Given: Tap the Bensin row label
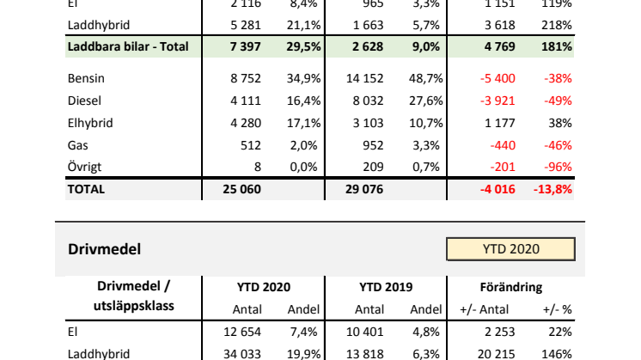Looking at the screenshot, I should pos(87,78).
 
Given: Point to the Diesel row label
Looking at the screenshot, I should pos(85,101).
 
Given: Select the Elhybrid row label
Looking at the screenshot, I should pos(90,123).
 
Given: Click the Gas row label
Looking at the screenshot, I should pos(78,145).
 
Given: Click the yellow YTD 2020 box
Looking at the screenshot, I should pos(510,249).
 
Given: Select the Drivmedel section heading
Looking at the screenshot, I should pos(104,249).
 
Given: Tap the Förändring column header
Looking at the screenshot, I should pos(511,287).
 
